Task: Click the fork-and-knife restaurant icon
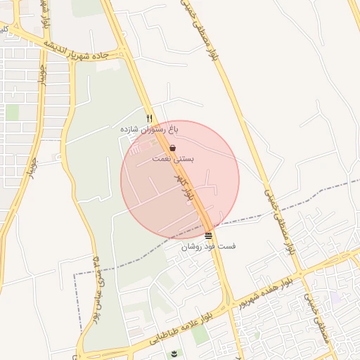coord(149,118)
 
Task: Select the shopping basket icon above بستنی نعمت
coord(173,148)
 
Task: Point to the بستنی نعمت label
coord(173,159)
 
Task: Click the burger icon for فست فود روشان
coord(209,235)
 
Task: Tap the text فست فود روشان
coord(209,246)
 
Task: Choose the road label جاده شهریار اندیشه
coord(77,49)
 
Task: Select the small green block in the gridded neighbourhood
coord(13,112)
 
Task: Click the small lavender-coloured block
coord(335,299)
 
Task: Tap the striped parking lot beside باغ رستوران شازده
coord(137,147)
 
